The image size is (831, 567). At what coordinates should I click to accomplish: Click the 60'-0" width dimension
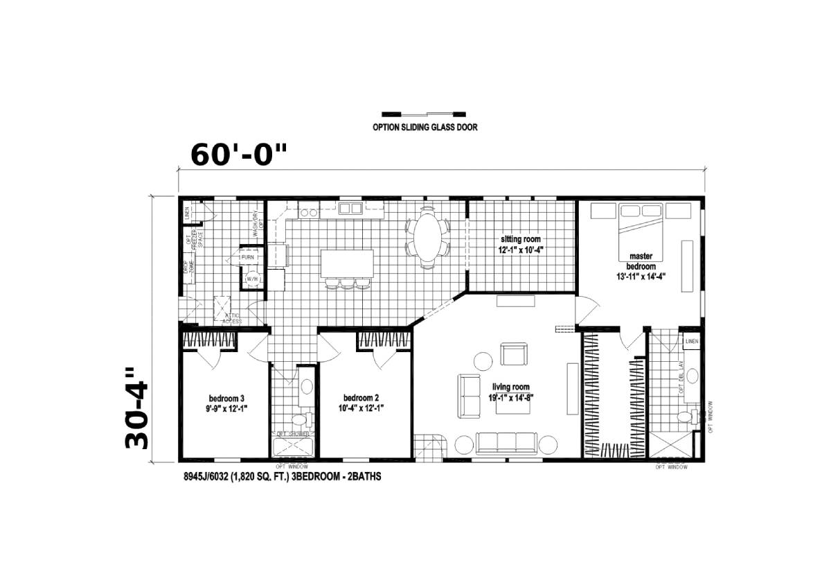pyautogui.click(x=238, y=154)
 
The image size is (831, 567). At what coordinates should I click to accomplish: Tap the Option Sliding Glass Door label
pyautogui.click(x=425, y=127)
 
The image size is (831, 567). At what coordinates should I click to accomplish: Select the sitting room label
pyautogui.click(x=522, y=244)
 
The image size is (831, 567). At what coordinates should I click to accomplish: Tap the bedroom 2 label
pyautogui.click(x=361, y=403)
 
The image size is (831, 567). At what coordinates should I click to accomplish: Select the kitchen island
pyautogui.click(x=346, y=263)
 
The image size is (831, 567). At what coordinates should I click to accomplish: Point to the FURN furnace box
pyautogui.click(x=248, y=257)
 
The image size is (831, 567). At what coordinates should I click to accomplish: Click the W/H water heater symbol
pyautogui.click(x=251, y=280)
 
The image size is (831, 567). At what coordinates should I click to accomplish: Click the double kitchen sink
pyautogui.click(x=350, y=208)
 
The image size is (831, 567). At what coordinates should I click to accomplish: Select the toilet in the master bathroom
pyautogui.click(x=686, y=417)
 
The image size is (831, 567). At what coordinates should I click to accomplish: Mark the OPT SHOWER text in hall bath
pyautogui.click(x=292, y=433)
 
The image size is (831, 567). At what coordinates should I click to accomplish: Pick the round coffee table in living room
pyautogui.click(x=482, y=361)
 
